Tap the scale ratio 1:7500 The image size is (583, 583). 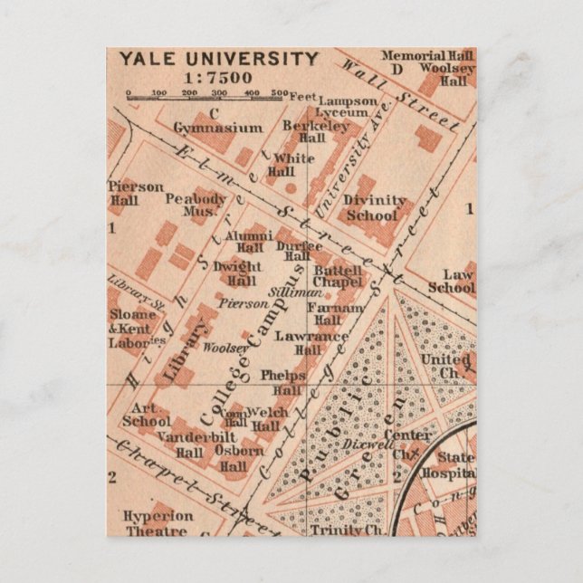(217, 78)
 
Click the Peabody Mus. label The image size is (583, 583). (196, 204)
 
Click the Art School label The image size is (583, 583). (145, 415)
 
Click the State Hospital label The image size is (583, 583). (455, 465)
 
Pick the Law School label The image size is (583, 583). (452, 281)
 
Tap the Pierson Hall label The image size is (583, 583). (136, 193)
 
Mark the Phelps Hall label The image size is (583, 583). (281, 382)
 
